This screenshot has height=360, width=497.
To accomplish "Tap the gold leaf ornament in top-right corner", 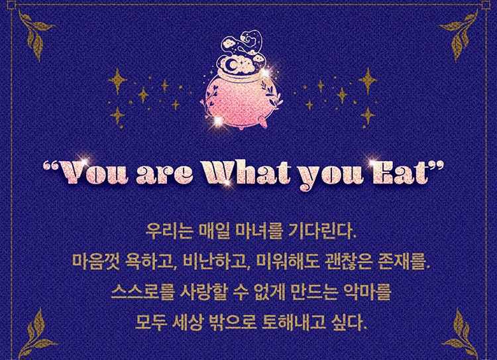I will (462, 29).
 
